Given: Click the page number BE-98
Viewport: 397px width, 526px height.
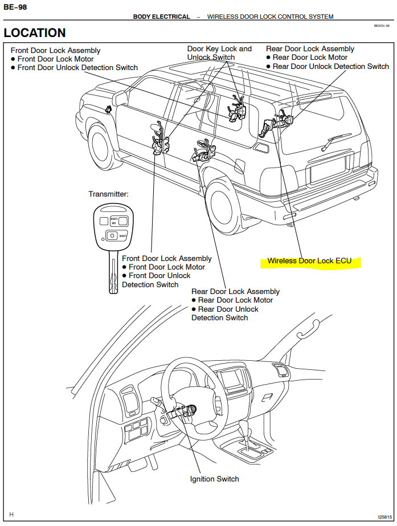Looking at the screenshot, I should coord(15,7).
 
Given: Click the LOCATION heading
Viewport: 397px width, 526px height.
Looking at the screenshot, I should coord(35,32).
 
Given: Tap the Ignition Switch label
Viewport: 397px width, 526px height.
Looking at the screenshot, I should coord(214,479).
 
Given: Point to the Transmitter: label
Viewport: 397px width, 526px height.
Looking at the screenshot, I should coord(108,194).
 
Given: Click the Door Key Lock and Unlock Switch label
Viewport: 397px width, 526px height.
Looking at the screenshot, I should coord(219,53).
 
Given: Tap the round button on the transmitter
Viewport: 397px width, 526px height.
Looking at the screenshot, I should coord(112,235).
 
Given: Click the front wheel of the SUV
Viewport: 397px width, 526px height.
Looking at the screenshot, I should coord(103,148).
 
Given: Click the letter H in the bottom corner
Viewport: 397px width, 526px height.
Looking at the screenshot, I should coord(11,514).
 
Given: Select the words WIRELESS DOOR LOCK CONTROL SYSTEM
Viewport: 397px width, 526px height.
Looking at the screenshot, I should coord(270,17).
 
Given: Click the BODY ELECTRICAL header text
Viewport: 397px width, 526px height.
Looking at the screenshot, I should coord(162,17).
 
